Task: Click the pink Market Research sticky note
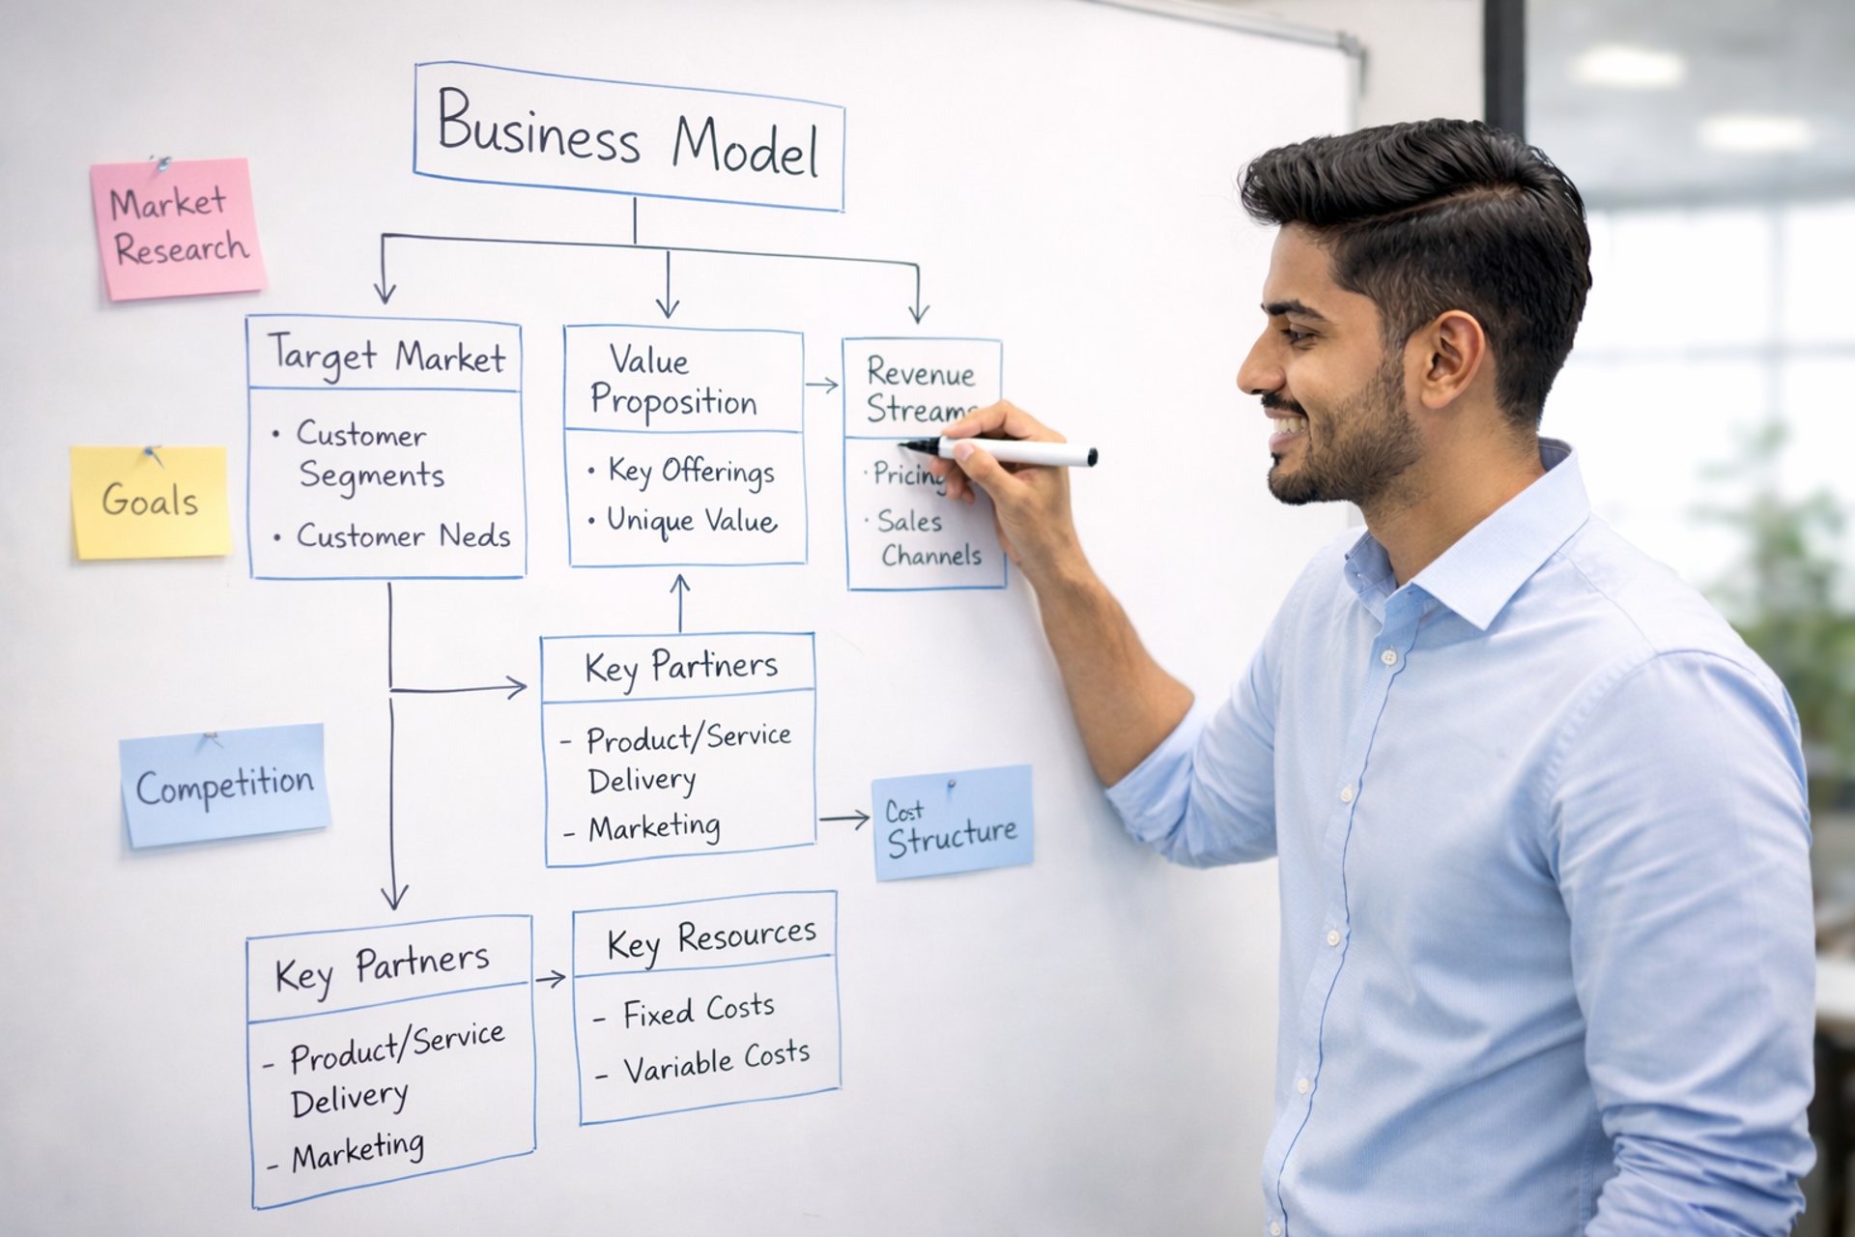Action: click(178, 229)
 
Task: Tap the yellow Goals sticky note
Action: click(151, 503)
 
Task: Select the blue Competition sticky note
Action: click(225, 786)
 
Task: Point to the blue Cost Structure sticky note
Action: click(953, 822)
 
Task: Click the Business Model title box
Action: click(629, 136)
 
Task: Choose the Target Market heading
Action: click(386, 357)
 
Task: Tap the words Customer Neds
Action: click(404, 535)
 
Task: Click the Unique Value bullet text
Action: click(692, 521)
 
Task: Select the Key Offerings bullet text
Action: click(692, 472)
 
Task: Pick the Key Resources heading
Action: click(712, 940)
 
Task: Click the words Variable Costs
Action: click(717, 1061)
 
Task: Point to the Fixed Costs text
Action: click(699, 1011)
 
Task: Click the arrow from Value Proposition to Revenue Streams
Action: click(822, 385)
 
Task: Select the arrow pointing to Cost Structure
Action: click(844, 820)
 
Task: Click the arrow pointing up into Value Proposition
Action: click(680, 603)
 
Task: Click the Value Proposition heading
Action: click(673, 381)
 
